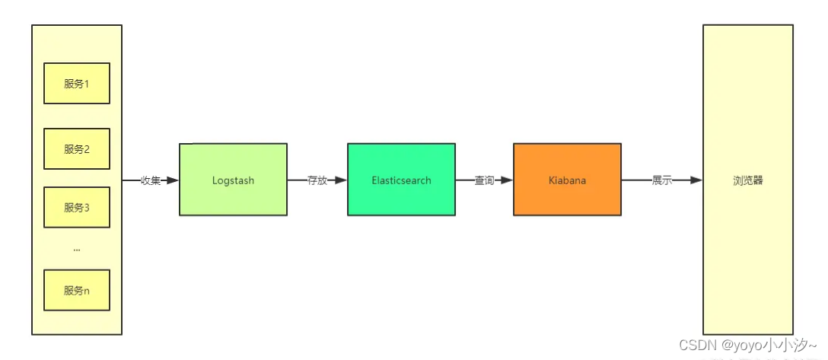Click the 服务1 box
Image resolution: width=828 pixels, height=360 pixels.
[77, 83]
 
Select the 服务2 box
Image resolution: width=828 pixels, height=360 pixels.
[77, 148]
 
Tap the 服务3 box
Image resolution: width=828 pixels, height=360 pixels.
[77, 207]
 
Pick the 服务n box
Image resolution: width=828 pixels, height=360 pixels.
[77, 290]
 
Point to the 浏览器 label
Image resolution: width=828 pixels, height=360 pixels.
[747, 180]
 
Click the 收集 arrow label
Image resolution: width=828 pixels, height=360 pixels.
[151, 180]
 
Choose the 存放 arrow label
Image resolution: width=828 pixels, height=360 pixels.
[317, 180]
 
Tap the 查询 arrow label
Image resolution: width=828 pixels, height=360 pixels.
[484, 180]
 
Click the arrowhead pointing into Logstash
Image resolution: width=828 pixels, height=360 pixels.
[173, 180]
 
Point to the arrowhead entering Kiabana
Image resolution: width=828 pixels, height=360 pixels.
[507, 180]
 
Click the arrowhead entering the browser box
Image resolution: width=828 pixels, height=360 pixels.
[696, 180]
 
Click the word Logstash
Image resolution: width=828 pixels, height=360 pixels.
[233, 180]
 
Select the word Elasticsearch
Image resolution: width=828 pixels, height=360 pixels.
[401, 180]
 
